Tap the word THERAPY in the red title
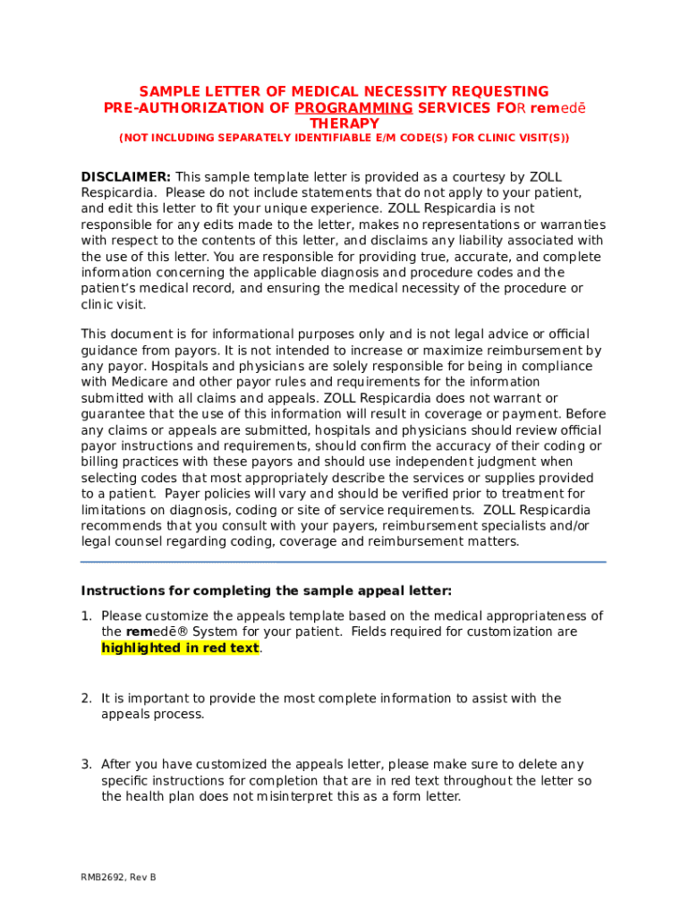[x=344, y=123]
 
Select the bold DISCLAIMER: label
[x=126, y=177]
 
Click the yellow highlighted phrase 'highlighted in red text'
[x=180, y=648]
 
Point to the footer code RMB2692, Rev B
[x=118, y=878]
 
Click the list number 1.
[x=86, y=615]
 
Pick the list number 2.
[x=86, y=699]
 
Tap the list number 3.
[x=86, y=765]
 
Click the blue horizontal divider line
[x=344, y=562]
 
